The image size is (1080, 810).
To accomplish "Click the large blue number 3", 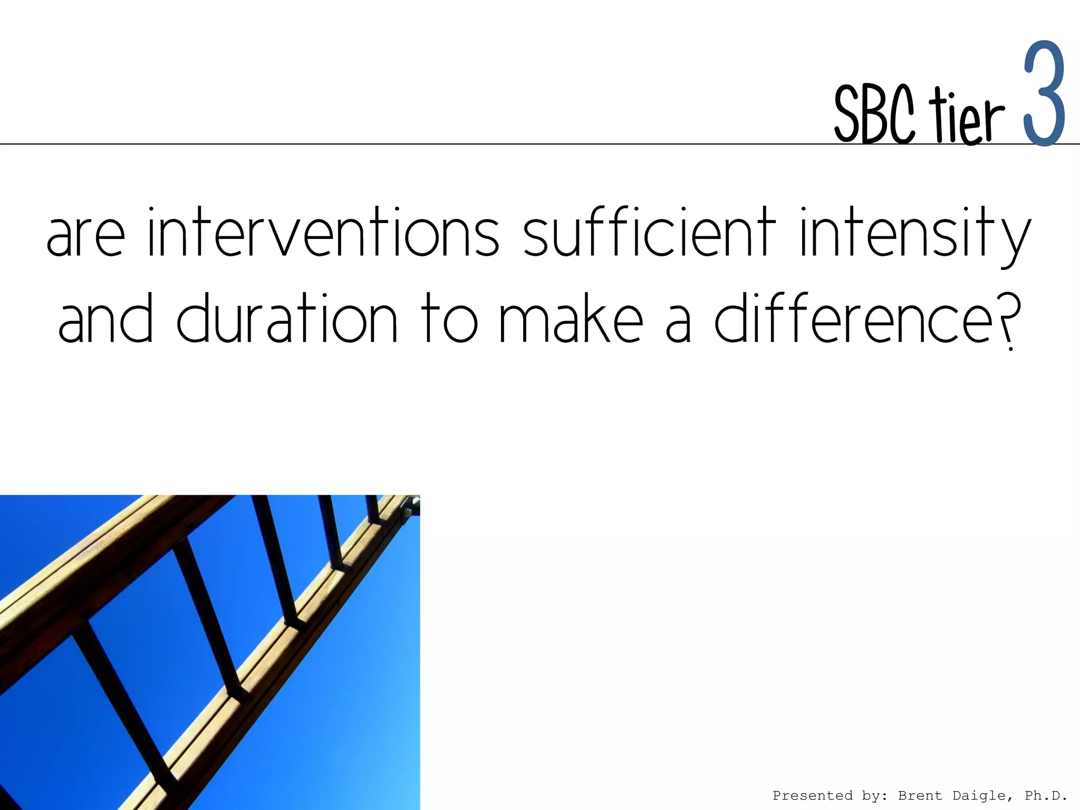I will pyautogui.click(x=1044, y=95).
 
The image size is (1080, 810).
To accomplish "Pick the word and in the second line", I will pyautogui.click(x=105, y=320).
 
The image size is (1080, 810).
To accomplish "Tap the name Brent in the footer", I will pyautogui.click(x=920, y=795).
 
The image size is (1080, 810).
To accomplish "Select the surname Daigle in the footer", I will pyautogui.click(x=980, y=795).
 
